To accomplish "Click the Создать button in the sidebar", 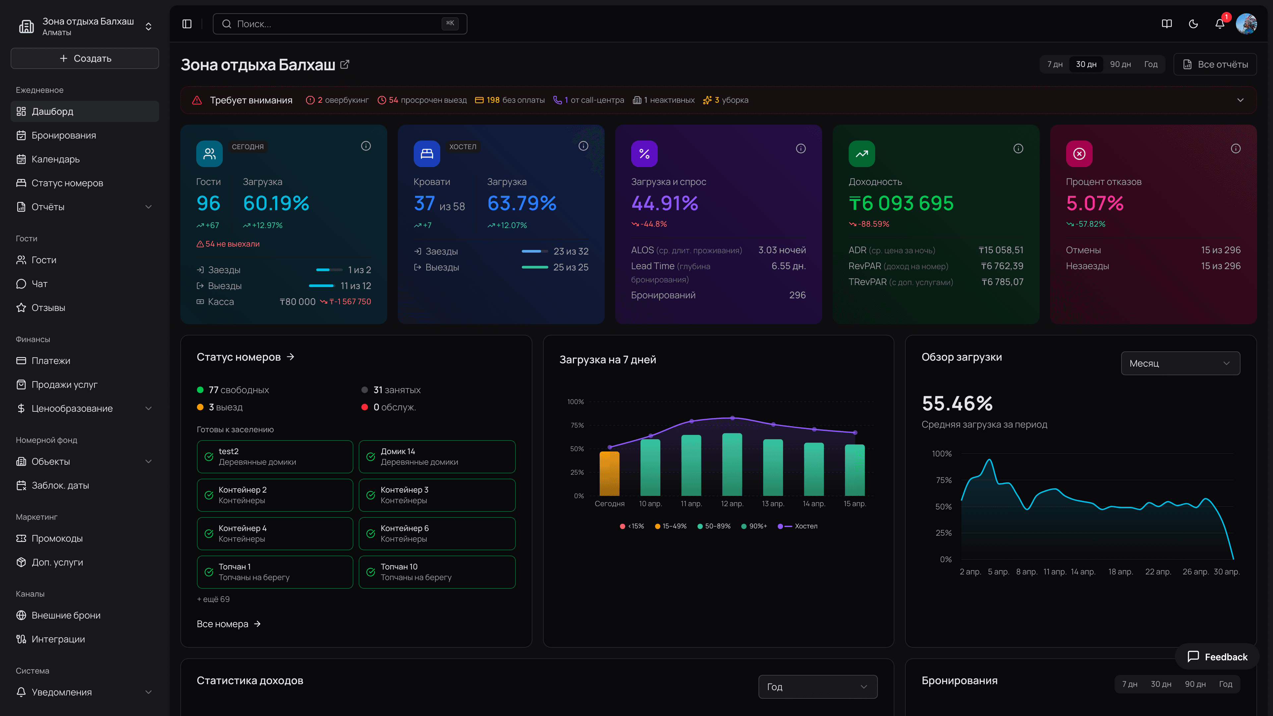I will (x=85, y=58).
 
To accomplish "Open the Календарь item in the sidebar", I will (x=55, y=159).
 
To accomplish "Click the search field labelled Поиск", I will (x=339, y=24).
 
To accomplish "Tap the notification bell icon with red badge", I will (x=1220, y=24).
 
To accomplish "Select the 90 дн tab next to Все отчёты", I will (x=1120, y=64).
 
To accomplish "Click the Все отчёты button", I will (x=1215, y=64).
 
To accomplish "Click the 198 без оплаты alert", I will (x=510, y=100).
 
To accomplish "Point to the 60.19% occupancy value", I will (x=276, y=203).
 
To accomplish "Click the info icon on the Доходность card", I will (x=1018, y=148).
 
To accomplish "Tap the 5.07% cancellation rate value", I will (x=1095, y=203).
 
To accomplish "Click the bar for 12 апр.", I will (x=732, y=464).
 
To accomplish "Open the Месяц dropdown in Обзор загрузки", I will (x=1180, y=363).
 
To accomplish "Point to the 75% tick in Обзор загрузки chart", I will (x=943, y=480).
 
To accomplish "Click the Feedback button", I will (x=1217, y=657).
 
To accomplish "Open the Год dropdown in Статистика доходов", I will (x=818, y=686).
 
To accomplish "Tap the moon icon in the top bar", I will (x=1193, y=24).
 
